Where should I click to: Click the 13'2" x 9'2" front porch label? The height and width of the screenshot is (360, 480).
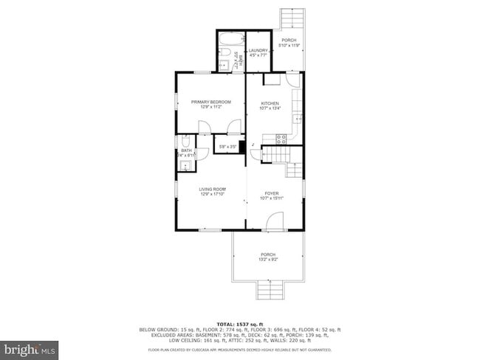[267, 257]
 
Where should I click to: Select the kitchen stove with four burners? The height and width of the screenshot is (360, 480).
[281, 138]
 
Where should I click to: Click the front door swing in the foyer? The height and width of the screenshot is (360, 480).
[274, 220]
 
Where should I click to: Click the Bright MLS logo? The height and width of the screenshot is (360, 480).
[30, 347]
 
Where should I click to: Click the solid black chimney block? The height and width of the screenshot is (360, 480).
[241, 146]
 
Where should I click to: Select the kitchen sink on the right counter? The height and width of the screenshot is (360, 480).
[297, 118]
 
